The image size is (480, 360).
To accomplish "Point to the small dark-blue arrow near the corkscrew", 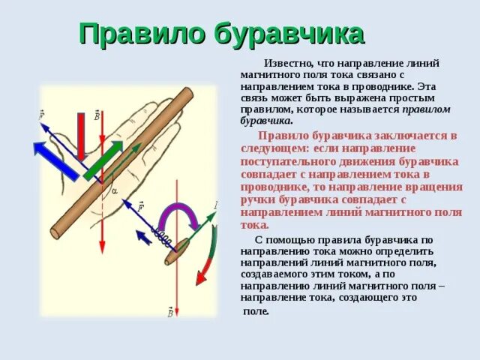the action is tap(143, 237).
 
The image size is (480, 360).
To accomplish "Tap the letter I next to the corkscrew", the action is tap(215, 205).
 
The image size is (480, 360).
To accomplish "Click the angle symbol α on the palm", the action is tap(114, 191).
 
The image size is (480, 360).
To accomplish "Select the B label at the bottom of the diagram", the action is tap(169, 312).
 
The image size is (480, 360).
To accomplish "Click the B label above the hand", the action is tap(96, 115).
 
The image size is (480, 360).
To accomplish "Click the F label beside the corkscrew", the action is tap(139, 205).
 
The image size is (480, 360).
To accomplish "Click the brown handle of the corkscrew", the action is tap(178, 253).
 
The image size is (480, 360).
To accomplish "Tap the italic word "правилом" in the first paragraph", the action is tap(426, 109).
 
